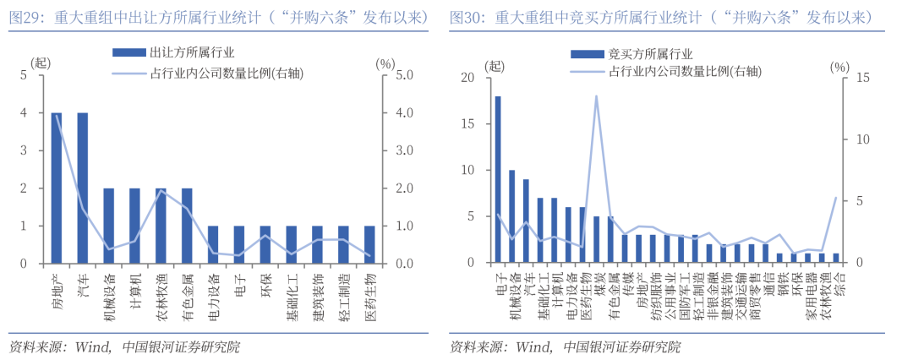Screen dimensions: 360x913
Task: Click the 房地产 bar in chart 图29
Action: click(x=57, y=188)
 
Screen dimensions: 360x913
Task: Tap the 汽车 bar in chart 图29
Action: click(x=83, y=188)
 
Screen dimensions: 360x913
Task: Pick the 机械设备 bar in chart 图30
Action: click(x=511, y=217)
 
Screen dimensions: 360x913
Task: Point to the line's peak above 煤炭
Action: click(x=596, y=96)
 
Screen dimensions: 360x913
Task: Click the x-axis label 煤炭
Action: click(x=597, y=281)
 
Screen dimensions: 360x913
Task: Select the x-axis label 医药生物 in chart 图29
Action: click(x=370, y=292)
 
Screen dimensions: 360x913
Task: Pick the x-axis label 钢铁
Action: click(x=780, y=281)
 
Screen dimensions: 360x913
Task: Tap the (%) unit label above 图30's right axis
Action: click(x=839, y=65)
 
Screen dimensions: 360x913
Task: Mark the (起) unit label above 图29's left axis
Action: click(x=41, y=63)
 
